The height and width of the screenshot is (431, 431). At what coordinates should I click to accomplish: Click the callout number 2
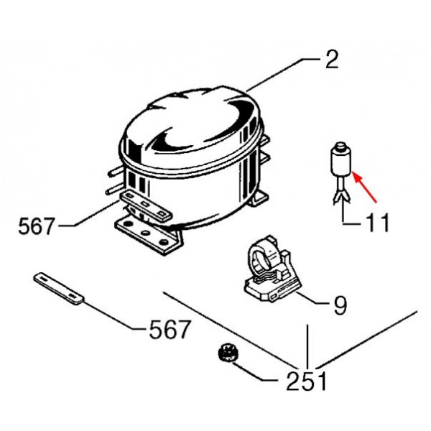tap(331, 60)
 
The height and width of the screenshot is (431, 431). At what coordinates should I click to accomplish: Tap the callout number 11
tap(379, 222)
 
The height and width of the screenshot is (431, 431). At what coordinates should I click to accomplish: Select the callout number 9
tap(340, 305)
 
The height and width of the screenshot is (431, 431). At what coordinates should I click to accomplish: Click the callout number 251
tap(306, 381)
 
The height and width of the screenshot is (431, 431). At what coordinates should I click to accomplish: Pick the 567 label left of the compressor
tap(37, 226)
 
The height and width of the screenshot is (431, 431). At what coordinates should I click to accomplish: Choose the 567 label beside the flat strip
tap(170, 329)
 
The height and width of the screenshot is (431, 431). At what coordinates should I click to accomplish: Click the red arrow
tap(364, 187)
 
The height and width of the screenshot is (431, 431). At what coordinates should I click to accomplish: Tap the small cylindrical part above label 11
tap(340, 159)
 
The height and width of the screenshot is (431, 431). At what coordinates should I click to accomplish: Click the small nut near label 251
tap(227, 353)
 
